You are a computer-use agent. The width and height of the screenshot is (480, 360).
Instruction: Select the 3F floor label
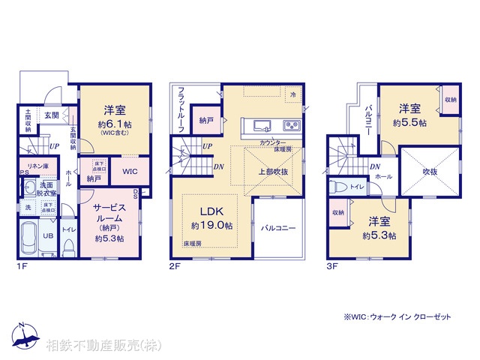tap(331, 264)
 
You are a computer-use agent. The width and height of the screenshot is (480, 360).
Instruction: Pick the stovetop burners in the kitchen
tap(291, 125)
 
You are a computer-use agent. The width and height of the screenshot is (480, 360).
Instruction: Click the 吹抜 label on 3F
tap(429, 171)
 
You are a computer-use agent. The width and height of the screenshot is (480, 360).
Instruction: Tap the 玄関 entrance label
tap(51, 115)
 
